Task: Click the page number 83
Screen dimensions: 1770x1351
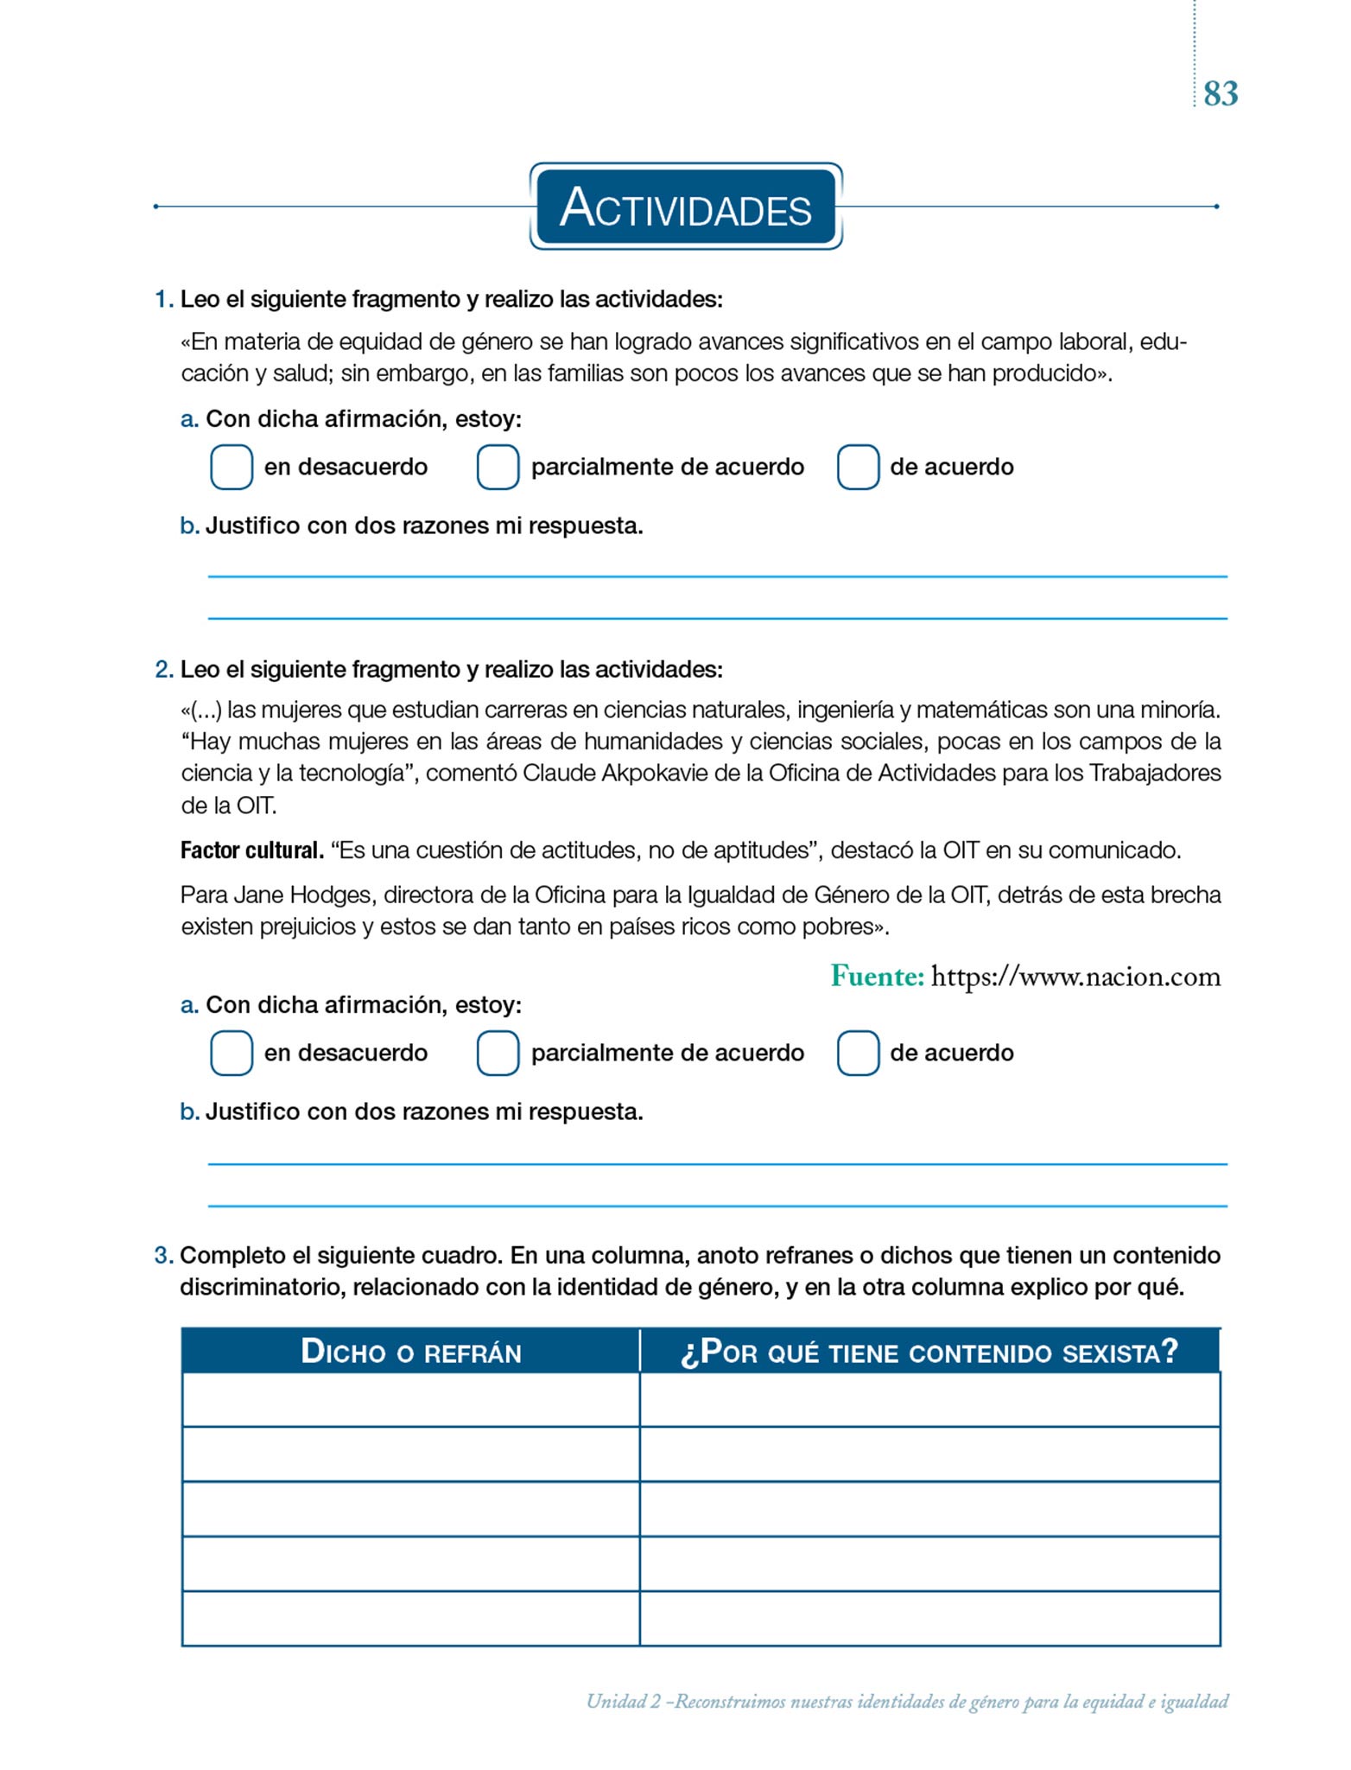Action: coord(1221,93)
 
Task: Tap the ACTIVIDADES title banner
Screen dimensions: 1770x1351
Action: coord(686,207)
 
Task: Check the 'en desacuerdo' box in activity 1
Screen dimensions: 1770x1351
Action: coord(232,467)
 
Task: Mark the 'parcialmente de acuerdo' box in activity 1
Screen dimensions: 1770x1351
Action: coord(498,467)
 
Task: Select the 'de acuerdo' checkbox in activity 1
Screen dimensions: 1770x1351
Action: coord(858,467)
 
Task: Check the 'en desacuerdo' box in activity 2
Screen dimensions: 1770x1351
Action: coord(232,1053)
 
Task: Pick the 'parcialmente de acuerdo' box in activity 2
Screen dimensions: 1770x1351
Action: coord(498,1053)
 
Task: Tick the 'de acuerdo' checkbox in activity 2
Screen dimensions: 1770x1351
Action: coord(858,1053)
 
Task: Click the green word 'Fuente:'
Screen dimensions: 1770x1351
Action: coord(877,977)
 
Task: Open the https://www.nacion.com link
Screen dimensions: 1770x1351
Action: coord(1076,977)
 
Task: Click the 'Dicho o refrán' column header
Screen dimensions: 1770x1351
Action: coord(410,1352)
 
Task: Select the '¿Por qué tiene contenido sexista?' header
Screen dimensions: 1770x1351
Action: coord(929,1352)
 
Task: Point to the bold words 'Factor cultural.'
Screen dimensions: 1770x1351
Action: coord(251,850)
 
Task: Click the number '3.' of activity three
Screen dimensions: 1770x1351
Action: coord(164,1256)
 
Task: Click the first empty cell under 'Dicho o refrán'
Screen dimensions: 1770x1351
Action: coord(410,1399)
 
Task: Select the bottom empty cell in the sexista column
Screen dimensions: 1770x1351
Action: coord(929,1618)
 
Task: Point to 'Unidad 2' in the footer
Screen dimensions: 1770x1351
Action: coord(623,1702)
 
